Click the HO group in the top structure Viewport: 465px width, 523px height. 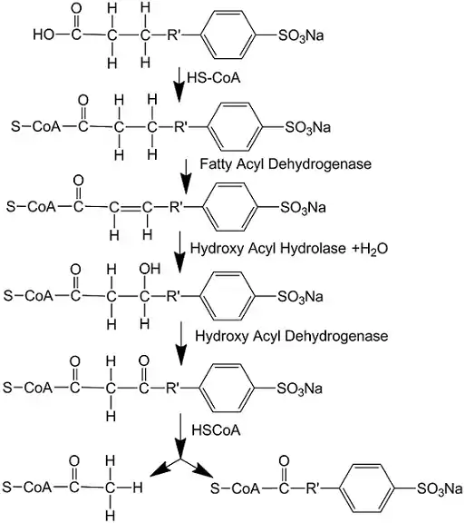[x=44, y=35]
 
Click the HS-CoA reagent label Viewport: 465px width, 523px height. [x=214, y=78]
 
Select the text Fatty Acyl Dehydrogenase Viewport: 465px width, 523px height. [x=286, y=164]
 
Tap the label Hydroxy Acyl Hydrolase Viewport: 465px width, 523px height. [x=268, y=249]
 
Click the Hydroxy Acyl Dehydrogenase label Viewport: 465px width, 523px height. [x=292, y=336]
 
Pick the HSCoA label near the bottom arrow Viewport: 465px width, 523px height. [x=216, y=430]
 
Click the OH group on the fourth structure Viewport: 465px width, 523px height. [x=150, y=269]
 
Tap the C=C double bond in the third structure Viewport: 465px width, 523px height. [x=131, y=208]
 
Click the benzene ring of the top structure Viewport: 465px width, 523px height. [x=228, y=35]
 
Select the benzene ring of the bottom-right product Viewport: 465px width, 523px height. [x=367, y=489]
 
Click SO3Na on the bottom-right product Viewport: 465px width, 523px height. [x=440, y=489]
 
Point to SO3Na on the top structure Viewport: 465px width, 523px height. [x=301, y=35]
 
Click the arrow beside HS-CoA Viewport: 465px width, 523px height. [x=179, y=84]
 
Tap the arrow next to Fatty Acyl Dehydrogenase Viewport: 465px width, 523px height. [x=186, y=176]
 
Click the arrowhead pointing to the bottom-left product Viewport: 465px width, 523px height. [x=159, y=470]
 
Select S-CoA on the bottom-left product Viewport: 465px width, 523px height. [x=27, y=488]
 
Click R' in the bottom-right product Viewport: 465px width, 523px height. [x=312, y=488]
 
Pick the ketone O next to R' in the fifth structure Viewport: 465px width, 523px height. [x=144, y=360]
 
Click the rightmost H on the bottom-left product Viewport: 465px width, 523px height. [x=138, y=488]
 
